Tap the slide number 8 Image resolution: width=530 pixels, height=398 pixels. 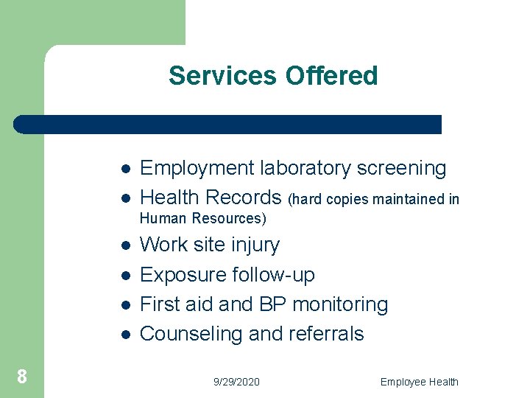(22, 377)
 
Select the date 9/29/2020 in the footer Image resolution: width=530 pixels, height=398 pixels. (236, 382)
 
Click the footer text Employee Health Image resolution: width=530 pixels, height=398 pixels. (419, 382)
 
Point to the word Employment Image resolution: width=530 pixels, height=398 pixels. (197, 169)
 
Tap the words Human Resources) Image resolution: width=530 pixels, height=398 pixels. (203, 218)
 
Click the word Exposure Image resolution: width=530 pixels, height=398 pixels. (183, 275)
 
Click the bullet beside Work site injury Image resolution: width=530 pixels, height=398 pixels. (126, 245)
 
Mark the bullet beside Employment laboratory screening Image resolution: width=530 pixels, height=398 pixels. (126, 169)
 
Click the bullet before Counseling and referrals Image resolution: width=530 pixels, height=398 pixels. (126, 335)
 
